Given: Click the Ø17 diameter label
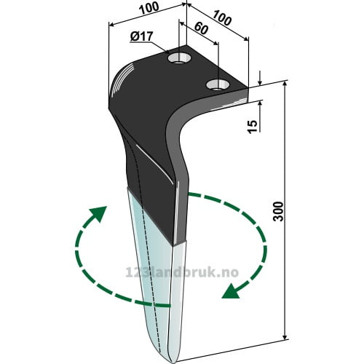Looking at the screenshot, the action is tap(141, 36).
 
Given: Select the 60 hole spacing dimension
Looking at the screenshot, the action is tap(201, 28).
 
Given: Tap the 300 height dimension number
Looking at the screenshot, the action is tap(278, 211).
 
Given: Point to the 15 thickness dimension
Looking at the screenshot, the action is tap(253, 127).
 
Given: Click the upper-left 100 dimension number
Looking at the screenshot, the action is tap(149, 9).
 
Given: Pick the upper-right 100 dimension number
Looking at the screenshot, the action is tap(221, 17).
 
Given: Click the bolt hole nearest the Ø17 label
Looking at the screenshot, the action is tap(180, 58).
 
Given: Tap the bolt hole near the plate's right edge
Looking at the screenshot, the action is tap(218, 84).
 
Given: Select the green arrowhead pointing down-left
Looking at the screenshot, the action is tap(231, 291).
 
